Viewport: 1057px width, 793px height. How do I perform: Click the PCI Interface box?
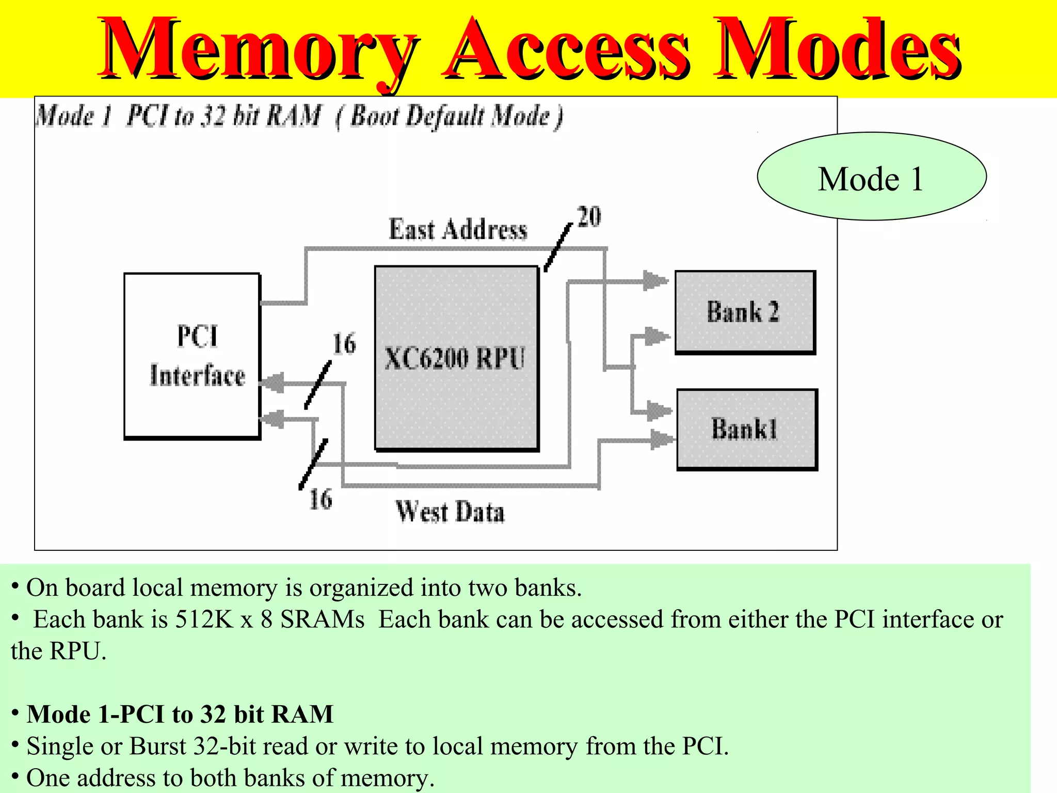click(x=192, y=356)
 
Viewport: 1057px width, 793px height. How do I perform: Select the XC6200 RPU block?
click(x=456, y=358)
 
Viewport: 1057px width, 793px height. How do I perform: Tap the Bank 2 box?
click(x=745, y=312)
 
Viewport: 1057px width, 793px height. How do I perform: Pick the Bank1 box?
click(x=747, y=429)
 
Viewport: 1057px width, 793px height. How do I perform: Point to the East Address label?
click(x=458, y=230)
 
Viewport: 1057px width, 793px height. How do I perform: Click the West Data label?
click(x=450, y=512)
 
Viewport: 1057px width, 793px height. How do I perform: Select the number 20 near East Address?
click(x=589, y=216)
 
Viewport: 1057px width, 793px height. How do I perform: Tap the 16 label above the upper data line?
click(x=344, y=344)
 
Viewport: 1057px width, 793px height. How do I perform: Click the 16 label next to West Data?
click(x=321, y=499)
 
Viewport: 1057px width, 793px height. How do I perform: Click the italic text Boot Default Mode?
click(x=449, y=116)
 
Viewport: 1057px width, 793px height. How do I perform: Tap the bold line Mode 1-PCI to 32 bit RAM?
click(x=180, y=714)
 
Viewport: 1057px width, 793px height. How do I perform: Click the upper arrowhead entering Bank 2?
click(x=655, y=281)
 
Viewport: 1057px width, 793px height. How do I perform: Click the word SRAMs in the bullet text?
click(x=323, y=619)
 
